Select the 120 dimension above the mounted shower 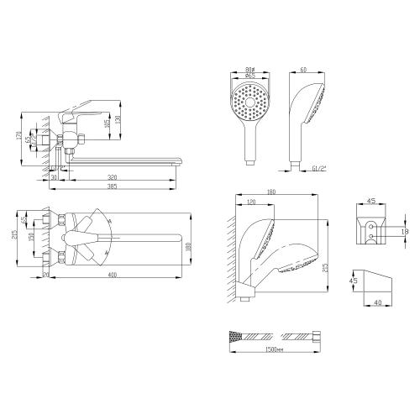[x=253, y=202]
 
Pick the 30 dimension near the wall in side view [x=53, y=178]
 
